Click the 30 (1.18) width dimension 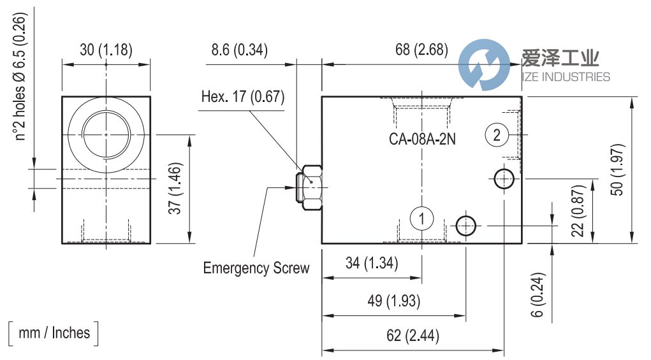(x=106, y=50)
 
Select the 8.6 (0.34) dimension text (x=239, y=50)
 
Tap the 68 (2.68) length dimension (x=421, y=50)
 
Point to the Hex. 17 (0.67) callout (x=243, y=97)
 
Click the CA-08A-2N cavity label (x=422, y=138)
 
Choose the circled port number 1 (x=421, y=219)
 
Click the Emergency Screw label (x=256, y=268)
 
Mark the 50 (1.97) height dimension (x=617, y=169)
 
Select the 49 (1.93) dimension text (x=394, y=301)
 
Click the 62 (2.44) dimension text (x=413, y=336)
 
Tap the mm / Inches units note (x=54, y=333)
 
